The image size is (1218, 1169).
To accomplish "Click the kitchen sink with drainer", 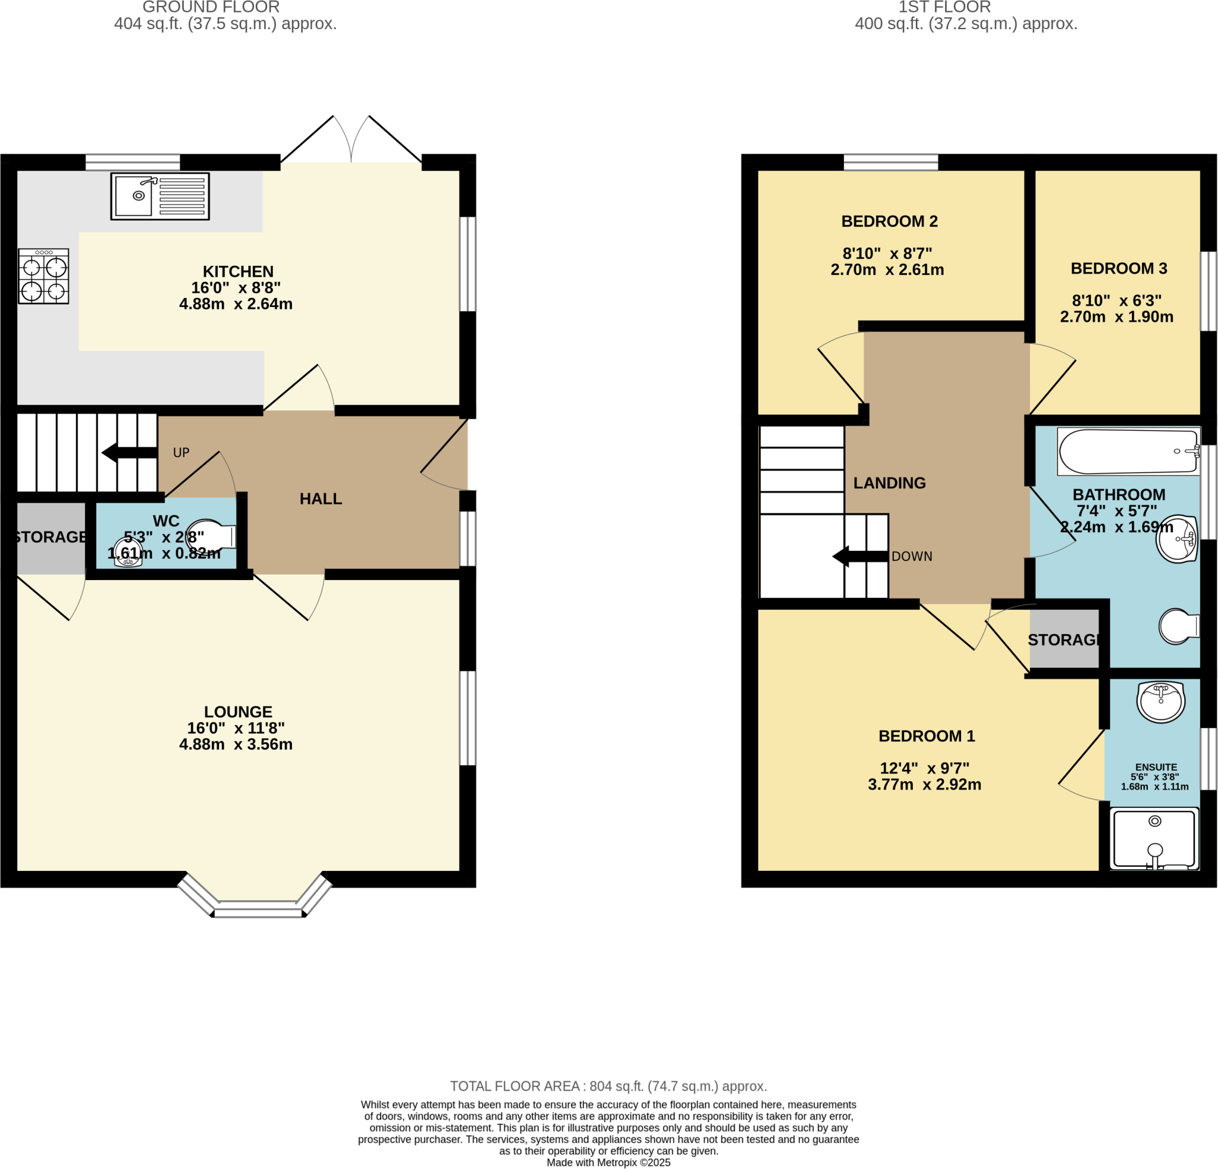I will click(160, 196).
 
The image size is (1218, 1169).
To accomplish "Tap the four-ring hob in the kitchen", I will click(43, 276).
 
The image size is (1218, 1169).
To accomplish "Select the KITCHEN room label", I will click(238, 272).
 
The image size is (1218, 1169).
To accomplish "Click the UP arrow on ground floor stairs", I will click(129, 453).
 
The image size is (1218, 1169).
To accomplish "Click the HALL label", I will click(321, 499).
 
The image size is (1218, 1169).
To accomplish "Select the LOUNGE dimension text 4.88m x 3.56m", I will click(236, 744).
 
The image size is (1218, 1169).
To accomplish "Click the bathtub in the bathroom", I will click(1129, 452).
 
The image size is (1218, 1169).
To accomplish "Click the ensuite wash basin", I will click(1160, 701).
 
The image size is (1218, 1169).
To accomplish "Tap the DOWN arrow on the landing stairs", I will click(860, 556).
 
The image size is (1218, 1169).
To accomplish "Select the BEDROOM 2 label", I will click(889, 221).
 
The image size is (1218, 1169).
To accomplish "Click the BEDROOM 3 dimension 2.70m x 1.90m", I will click(1117, 317).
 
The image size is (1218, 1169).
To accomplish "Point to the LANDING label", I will click(889, 483).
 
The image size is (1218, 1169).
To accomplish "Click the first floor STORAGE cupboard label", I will click(1065, 640).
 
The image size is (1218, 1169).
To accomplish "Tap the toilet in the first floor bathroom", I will click(1178, 626).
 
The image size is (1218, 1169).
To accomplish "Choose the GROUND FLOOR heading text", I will click(211, 8).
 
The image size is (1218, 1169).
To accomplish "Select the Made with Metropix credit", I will click(608, 1163).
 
